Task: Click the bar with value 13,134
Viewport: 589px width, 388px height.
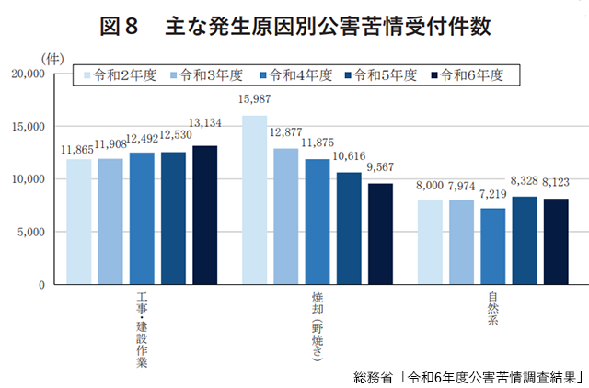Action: tap(204, 215)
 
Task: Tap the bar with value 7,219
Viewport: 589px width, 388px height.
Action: tap(492, 246)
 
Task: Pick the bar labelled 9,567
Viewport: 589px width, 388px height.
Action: tap(379, 234)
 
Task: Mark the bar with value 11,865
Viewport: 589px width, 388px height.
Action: tap(78, 222)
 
